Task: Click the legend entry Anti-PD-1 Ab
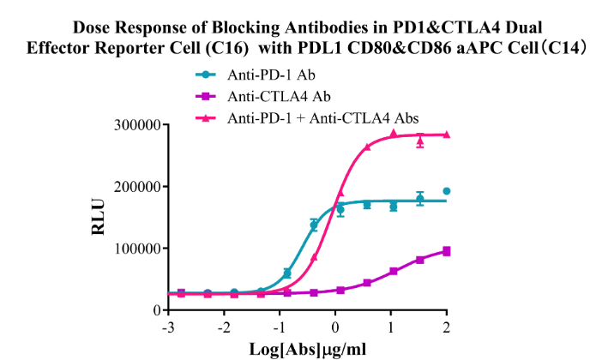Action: tap(262, 75)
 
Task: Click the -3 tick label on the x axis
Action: tap(172, 329)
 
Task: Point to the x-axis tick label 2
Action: tap(447, 329)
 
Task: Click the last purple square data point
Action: tap(447, 251)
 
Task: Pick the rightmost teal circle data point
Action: tap(447, 191)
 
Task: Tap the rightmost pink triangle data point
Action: tap(447, 135)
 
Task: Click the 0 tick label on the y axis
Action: tap(151, 310)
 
